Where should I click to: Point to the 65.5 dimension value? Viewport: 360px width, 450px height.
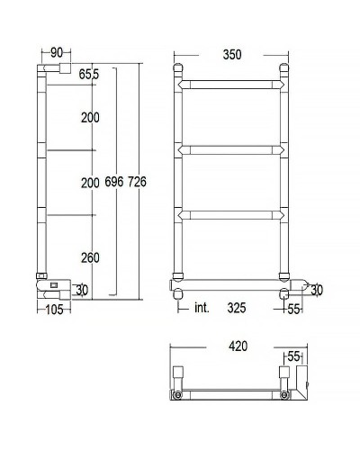pyautogui.click(x=88, y=73)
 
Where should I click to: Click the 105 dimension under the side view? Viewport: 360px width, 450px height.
pyautogui.click(x=55, y=310)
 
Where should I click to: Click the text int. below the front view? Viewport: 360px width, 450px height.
pyautogui.click(x=202, y=309)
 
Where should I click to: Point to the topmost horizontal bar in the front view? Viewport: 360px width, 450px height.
pyautogui.click(x=232, y=85)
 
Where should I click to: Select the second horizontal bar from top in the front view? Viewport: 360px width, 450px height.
pyautogui.click(x=232, y=148)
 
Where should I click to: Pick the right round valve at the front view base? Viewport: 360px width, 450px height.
pyautogui.click(x=284, y=293)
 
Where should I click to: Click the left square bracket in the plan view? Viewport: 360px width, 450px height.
pyautogui.click(x=177, y=373)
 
